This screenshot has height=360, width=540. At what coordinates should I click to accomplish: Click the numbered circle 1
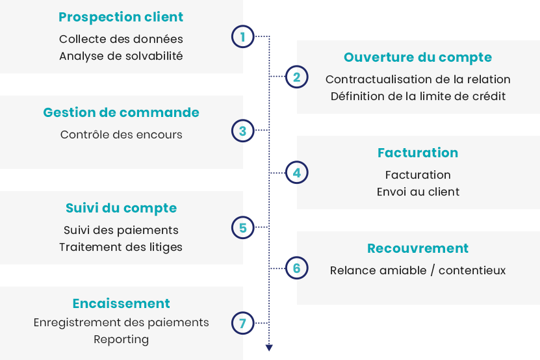click(243, 36)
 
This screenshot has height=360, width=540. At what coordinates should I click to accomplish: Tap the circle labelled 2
click(296, 77)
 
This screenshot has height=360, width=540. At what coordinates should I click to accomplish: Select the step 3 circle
click(243, 131)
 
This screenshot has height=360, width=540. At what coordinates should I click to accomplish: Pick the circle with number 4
click(296, 173)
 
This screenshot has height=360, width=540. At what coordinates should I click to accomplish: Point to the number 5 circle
click(243, 227)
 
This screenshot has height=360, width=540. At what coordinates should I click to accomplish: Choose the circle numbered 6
click(296, 268)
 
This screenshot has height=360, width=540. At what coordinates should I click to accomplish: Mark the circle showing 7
click(243, 323)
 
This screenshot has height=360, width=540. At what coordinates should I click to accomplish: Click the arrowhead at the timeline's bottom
click(269, 348)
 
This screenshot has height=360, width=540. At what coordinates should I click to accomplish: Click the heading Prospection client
click(121, 18)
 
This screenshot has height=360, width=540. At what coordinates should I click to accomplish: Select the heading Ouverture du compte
click(418, 58)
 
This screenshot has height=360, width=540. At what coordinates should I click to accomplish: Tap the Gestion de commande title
click(122, 112)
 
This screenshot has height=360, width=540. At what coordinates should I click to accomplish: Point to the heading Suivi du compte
click(122, 209)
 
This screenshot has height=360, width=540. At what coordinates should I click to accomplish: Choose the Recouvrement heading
click(418, 248)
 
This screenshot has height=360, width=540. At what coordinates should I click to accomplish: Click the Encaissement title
click(122, 303)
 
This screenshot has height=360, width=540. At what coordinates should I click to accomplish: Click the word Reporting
click(122, 340)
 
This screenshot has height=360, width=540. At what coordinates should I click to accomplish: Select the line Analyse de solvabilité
click(121, 56)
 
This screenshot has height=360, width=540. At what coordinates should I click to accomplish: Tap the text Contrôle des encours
click(122, 135)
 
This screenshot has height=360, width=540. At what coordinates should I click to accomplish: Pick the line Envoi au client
click(418, 192)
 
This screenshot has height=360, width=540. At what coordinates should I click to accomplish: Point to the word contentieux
click(472, 270)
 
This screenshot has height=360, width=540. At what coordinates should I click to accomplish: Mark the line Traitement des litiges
click(121, 248)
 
